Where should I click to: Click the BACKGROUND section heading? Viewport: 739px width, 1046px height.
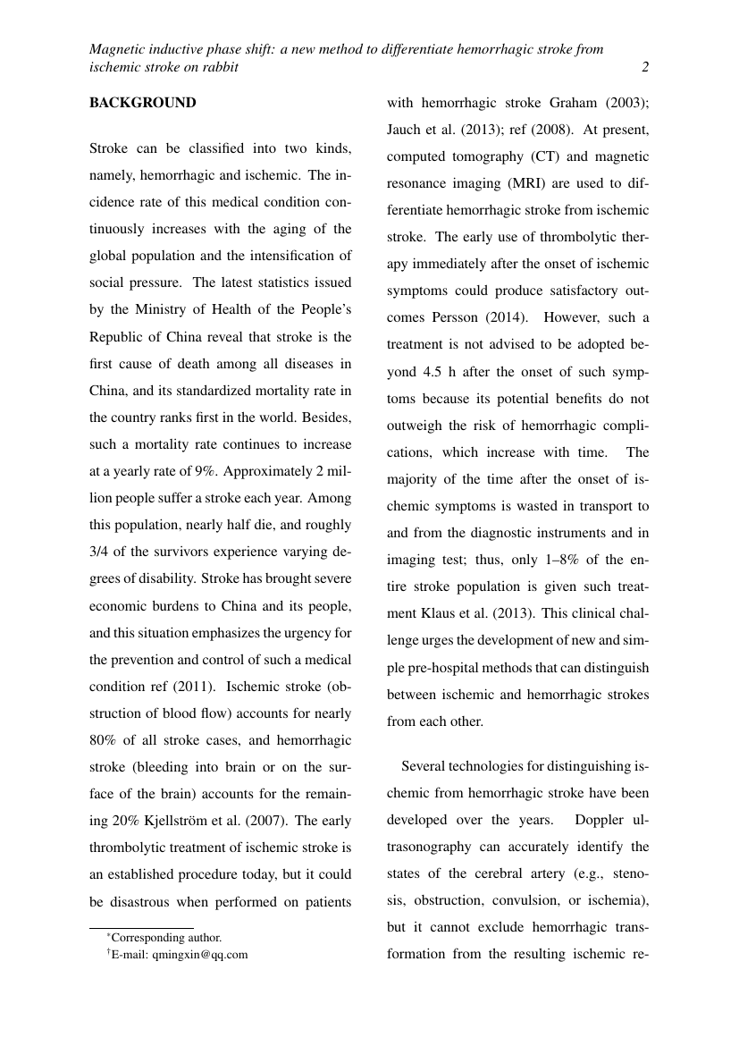coord(142,103)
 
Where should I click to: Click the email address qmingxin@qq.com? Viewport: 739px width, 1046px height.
coord(200,954)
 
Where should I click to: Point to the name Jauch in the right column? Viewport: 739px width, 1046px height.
coord(404,130)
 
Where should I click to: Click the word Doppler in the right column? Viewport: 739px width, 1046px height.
coord(600,820)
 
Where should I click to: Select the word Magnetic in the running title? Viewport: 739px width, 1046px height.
coord(115,50)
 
